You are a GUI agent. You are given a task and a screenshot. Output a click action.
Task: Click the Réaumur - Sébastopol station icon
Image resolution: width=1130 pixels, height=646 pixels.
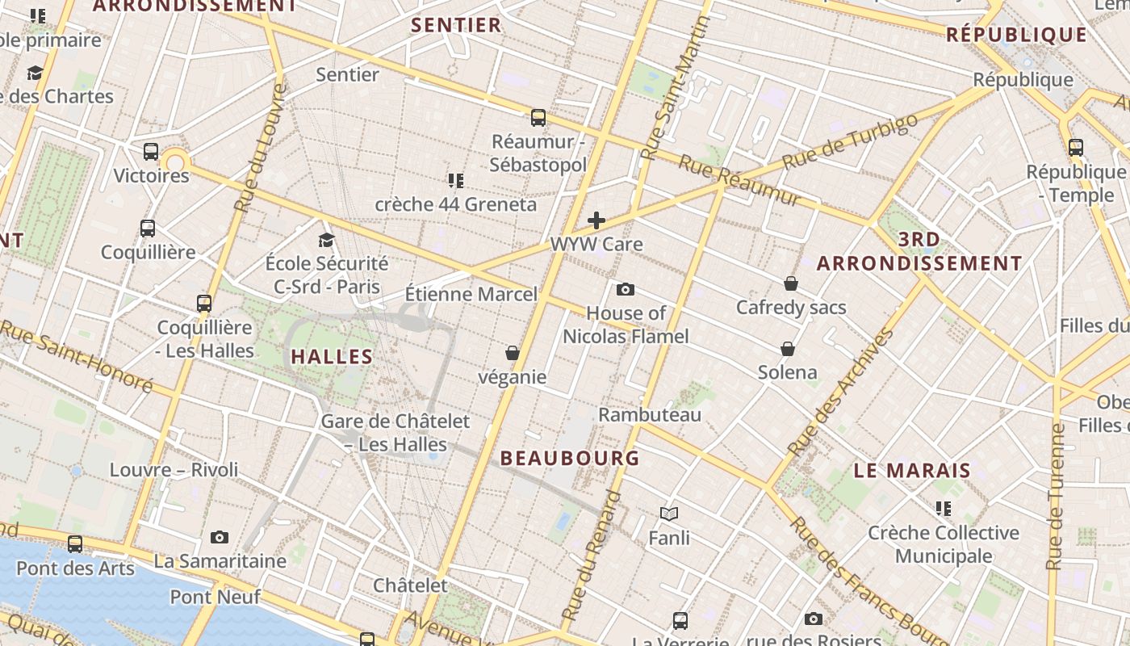coord(538,118)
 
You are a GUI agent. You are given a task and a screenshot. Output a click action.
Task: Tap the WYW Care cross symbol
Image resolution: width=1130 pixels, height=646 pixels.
coord(596,220)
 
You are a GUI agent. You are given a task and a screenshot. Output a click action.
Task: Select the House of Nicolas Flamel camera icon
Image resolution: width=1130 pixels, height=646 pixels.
coord(625,289)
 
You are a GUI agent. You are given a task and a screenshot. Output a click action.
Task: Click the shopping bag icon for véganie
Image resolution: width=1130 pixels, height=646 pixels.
coord(512,353)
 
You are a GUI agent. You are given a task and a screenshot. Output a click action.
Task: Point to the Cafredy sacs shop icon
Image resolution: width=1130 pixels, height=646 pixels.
coord(791,283)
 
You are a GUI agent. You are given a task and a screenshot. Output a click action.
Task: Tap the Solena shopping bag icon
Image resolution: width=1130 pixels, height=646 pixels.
coord(787,349)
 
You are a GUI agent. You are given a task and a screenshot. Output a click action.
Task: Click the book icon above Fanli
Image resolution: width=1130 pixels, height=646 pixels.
coord(668,514)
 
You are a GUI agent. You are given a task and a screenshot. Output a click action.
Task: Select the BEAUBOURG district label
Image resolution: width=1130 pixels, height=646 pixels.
coord(570,459)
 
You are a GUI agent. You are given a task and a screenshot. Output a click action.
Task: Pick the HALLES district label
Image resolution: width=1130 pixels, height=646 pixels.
coord(332,356)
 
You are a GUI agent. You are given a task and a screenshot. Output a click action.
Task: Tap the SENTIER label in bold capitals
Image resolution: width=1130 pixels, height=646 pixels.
coord(456,25)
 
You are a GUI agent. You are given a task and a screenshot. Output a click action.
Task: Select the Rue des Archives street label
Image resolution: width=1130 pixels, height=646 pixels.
coord(841,392)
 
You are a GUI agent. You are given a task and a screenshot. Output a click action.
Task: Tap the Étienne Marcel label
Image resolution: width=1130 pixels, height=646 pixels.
coord(471,293)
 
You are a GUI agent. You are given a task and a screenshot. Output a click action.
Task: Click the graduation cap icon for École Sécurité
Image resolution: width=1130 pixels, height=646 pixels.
coord(326,240)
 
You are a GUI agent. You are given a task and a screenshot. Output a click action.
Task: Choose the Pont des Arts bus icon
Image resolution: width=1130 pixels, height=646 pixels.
coord(75,544)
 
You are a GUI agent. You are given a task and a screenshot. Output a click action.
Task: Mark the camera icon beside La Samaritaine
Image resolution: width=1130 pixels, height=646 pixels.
coord(219,537)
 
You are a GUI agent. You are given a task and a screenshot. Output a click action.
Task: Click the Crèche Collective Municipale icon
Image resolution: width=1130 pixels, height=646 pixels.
coord(943,509)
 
